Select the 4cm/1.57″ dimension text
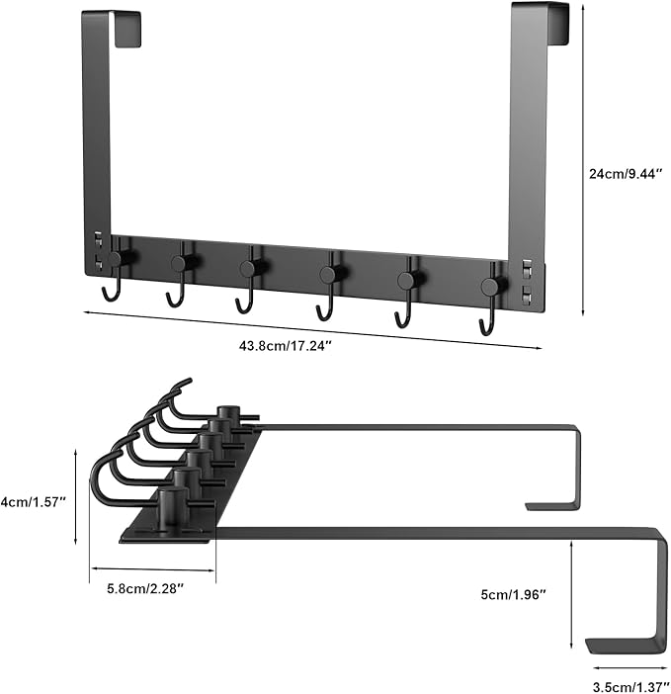tap(34, 501)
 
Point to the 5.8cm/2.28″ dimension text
tap(146, 589)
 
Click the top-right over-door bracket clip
tap(549, 24)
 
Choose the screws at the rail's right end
tap(526, 282)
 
